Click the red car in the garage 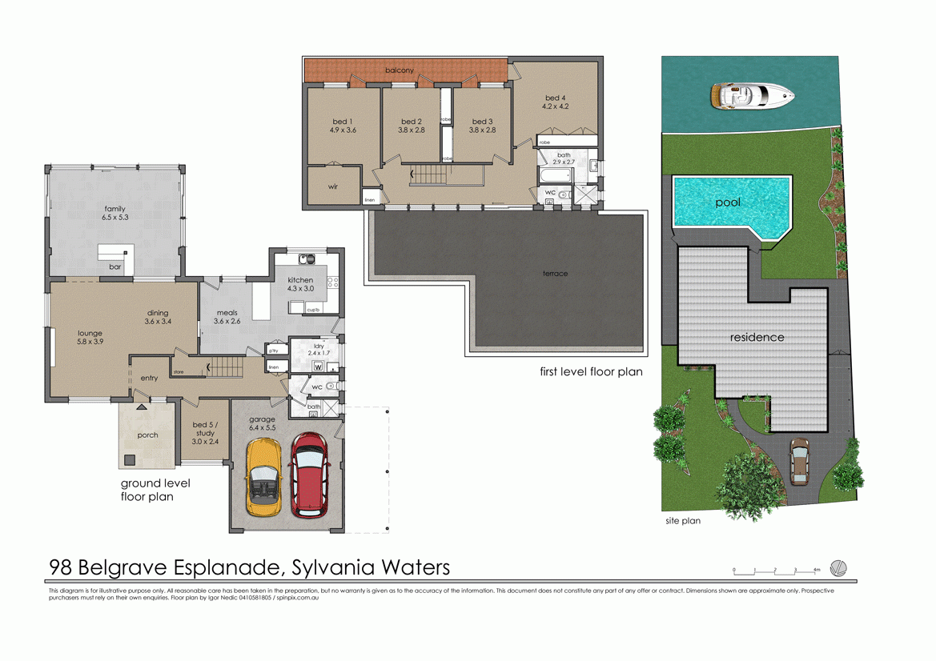pyautogui.click(x=309, y=475)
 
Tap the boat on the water pyautogui.click(x=751, y=96)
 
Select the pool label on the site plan pyautogui.click(x=728, y=202)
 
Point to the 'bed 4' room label pyautogui.click(x=555, y=98)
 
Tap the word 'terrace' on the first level pyautogui.click(x=555, y=274)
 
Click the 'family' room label pyautogui.click(x=114, y=209)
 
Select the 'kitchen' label pyautogui.click(x=301, y=280)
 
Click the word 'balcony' pyautogui.click(x=400, y=70)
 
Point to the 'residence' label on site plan pyautogui.click(x=757, y=337)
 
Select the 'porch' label pyautogui.click(x=147, y=435)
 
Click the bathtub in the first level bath pyautogui.click(x=556, y=174)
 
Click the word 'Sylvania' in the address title pyautogui.click(x=328, y=567)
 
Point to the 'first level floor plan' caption pyautogui.click(x=591, y=372)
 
